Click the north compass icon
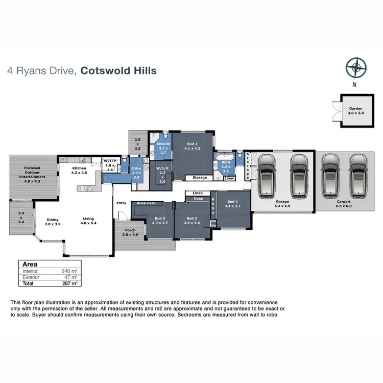(x=355, y=67)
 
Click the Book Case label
(x=146, y=203)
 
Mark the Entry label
(x=121, y=203)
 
